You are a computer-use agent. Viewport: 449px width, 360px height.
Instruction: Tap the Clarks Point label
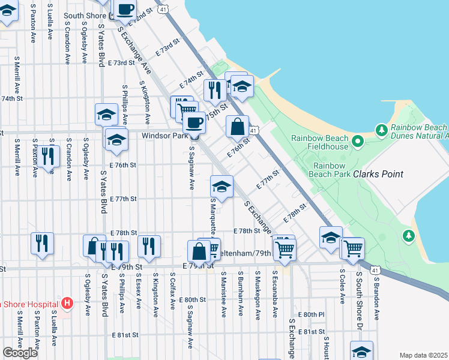coord(378,174)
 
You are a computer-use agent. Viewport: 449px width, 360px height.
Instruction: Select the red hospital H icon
coord(67,304)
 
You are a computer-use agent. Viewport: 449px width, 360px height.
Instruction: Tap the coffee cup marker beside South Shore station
coord(125,10)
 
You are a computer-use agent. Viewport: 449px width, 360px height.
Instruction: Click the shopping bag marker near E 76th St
coord(237,127)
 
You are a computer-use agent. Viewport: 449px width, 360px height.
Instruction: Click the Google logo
coord(20,352)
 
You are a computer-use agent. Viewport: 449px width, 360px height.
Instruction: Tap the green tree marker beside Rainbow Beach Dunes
coord(380,130)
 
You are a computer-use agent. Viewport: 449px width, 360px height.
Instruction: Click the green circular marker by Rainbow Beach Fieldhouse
coord(358,142)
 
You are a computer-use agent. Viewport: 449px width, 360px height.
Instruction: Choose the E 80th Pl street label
coord(311,314)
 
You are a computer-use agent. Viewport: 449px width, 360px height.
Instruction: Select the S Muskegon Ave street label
coord(258,293)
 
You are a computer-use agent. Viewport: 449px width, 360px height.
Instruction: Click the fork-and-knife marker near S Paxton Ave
coord(47,156)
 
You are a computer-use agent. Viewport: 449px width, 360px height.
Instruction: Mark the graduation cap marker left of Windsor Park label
coord(116,140)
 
